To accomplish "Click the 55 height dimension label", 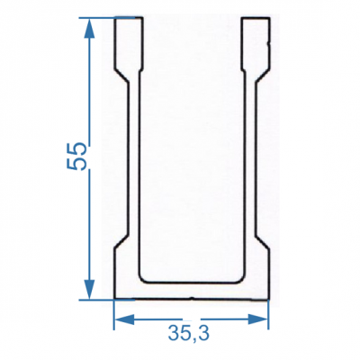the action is pyautogui.click(x=76, y=156).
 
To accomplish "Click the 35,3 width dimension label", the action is pyautogui.click(x=189, y=333).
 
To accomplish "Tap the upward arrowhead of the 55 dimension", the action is pyautogui.click(x=89, y=28).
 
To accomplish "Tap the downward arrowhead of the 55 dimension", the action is pyautogui.click(x=89, y=290).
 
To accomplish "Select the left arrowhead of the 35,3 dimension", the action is pyautogui.click(x=124, y=319).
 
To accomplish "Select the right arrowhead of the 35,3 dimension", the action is pyautogui.click(x=258, y=319).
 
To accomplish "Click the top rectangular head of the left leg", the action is pyautogui.click(x=128, y=42).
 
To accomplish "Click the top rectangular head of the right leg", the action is pyautogui.click(x=256, y=42).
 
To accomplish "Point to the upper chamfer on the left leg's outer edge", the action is pyautogui.click(x=121, y=76).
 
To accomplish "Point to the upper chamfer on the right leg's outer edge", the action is pyautogui.click(x=263, y=76).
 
